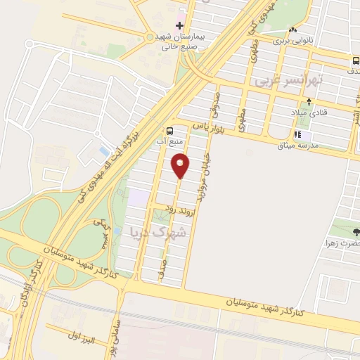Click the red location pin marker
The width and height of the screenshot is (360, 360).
[x=181, y=165]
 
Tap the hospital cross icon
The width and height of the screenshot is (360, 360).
[x=180, y=25]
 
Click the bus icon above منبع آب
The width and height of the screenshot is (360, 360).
[x=170, y=131]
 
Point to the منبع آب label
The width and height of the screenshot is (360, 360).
[x=168, y=140]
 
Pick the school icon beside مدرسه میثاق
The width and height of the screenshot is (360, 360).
[x=298, y=134]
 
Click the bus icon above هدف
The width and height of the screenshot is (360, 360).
[x=356, y=60]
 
